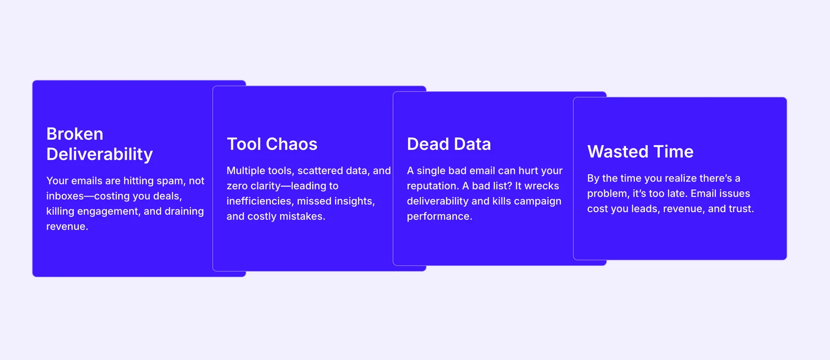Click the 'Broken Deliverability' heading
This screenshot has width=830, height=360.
click(99, 144)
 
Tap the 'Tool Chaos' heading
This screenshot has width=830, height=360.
click(272, 144)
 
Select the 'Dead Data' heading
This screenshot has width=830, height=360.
click(449, 144)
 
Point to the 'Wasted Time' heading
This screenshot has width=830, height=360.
click(640, 151)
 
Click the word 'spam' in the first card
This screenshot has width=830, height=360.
click(170, 181)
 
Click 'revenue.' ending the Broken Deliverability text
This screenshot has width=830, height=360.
click(67, 226)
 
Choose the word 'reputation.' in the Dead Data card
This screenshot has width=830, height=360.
click(433, 186)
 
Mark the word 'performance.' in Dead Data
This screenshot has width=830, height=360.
click(439, 217)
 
